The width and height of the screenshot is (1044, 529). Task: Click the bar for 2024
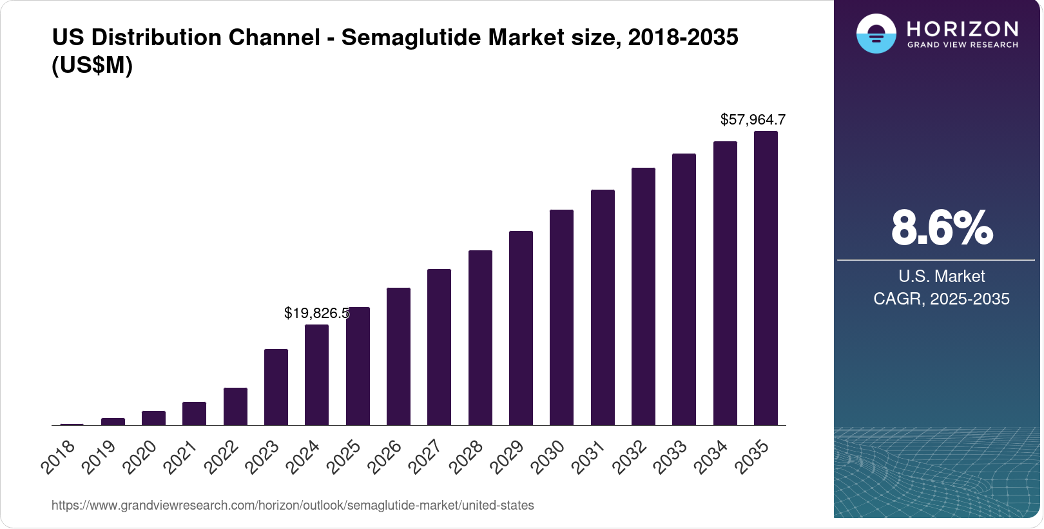coord(316,375)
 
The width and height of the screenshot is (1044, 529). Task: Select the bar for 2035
coord(766,278)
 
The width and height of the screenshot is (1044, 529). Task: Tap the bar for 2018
coord(72,424)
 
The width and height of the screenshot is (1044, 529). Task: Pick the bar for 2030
coord(561,317)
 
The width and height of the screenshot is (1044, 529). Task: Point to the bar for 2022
coord(235,406)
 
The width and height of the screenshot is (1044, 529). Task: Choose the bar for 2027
coord(439,347)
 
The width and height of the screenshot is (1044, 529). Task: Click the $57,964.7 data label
coord(753,119)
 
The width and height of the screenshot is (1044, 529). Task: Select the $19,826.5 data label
coord(316,313)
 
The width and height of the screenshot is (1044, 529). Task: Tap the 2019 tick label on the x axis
coord(99,457)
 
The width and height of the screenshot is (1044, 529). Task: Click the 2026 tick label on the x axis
coord(385,457)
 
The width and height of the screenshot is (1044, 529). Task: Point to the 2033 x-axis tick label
coord(670,457)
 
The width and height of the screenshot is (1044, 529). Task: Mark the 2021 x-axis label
coord(180,457)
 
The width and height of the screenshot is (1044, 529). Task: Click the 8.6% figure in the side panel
coord(942,228)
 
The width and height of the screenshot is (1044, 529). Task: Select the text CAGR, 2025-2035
coord(942,299)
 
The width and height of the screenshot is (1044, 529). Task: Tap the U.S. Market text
coord(942,276)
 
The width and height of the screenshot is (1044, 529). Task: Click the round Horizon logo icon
coord(876,34)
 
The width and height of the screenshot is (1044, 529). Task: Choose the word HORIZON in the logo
coord(962,28)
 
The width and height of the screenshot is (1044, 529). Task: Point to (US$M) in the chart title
coord(92,65)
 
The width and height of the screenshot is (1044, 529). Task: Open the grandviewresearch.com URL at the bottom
coord(293,505)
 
